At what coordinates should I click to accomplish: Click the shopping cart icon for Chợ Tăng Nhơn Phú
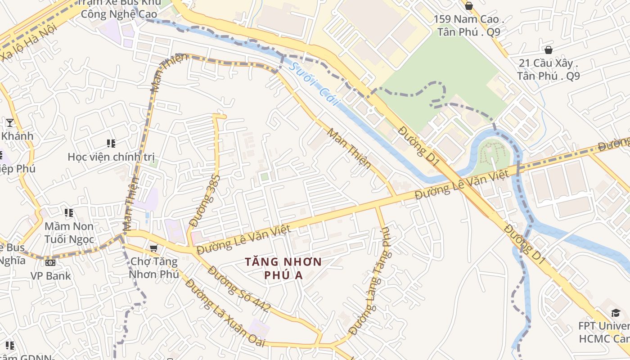[x=154, y=248]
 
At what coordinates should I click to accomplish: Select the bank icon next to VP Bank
[x=50, y=262]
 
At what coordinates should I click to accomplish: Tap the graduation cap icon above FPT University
[x=615, y=313]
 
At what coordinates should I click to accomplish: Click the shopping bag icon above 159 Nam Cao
[x=468, y=6]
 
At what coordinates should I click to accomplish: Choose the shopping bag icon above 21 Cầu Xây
[x=548, y=49]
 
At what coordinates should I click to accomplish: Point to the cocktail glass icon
[x=9, y=122]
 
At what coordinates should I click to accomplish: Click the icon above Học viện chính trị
[x=111, y=144]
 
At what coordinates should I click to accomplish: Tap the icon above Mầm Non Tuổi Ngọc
[x=69, y=212]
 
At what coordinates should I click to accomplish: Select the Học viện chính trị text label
[x=111, y=157]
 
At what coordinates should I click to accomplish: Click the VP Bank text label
[x=51, y=275]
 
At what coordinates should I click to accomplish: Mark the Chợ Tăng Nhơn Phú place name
[x=154, y=268]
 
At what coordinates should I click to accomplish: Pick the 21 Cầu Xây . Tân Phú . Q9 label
[x=548, y=69]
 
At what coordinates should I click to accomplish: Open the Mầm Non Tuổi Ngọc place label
[x=69, y=233]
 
